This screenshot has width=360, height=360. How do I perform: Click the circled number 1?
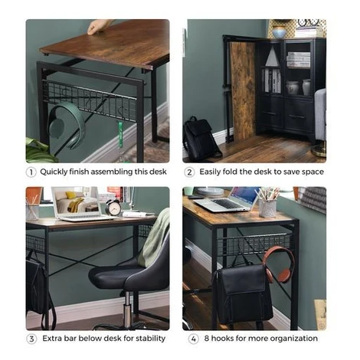tap(31, 172)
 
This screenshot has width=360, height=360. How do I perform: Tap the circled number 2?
tap(189, 172)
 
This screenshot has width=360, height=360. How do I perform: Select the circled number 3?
tap(31, 339)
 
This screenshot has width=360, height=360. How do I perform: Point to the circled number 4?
tap(193, 339)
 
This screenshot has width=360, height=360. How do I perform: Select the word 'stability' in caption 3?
tap(151, 339)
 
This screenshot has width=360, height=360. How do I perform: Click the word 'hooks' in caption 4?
tap(222, 339)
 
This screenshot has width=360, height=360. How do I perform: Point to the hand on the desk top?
tap(100, 27)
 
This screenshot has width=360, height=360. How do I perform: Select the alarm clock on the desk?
tap(113, 207)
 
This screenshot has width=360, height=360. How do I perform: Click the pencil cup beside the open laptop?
tap(267, 208)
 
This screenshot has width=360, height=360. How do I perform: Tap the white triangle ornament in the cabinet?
tap(272, 57)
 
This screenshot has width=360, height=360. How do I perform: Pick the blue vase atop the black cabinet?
tap(279, 32)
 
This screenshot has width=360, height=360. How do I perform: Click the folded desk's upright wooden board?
tap(244, 91)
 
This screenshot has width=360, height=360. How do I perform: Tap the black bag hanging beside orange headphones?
tap(243, 293)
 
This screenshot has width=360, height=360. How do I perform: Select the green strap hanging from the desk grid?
tap(120, 135)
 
